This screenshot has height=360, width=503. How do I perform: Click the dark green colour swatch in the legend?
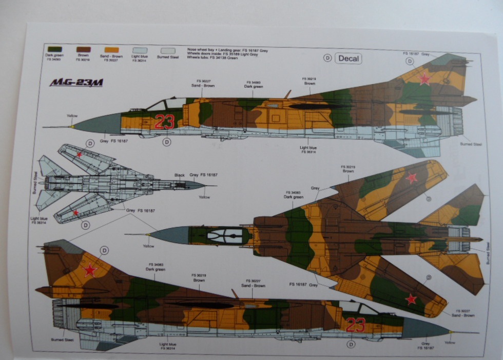(x=53, y=49)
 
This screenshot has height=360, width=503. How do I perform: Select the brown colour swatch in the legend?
(x=83, y=49)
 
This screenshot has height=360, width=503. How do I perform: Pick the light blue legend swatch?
(x=139, y=50)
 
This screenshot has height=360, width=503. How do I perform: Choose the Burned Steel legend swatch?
(x=167, y=51)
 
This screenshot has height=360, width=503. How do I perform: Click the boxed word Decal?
(x=349, y=58)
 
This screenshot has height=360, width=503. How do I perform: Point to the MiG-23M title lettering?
(x=76, y=82)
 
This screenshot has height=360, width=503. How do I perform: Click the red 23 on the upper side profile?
(x=164, y=122)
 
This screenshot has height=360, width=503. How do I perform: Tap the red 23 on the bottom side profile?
(x=355, y=325)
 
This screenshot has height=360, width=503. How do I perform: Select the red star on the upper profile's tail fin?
(x=424, y=78)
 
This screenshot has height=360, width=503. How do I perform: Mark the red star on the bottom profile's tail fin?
(x=90, y=270)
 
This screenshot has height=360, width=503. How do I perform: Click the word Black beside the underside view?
(x=179, y=175)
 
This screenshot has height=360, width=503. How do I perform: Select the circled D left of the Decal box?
(x=327, y=58)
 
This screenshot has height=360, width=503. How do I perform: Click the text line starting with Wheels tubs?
(x=213, y=58)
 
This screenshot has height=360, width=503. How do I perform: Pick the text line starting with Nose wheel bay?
(x=227, y=50)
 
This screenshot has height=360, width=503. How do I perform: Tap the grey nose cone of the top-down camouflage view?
(x=169, y=235)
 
